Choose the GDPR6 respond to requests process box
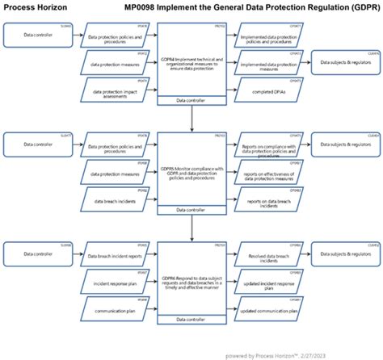(191, 278)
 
